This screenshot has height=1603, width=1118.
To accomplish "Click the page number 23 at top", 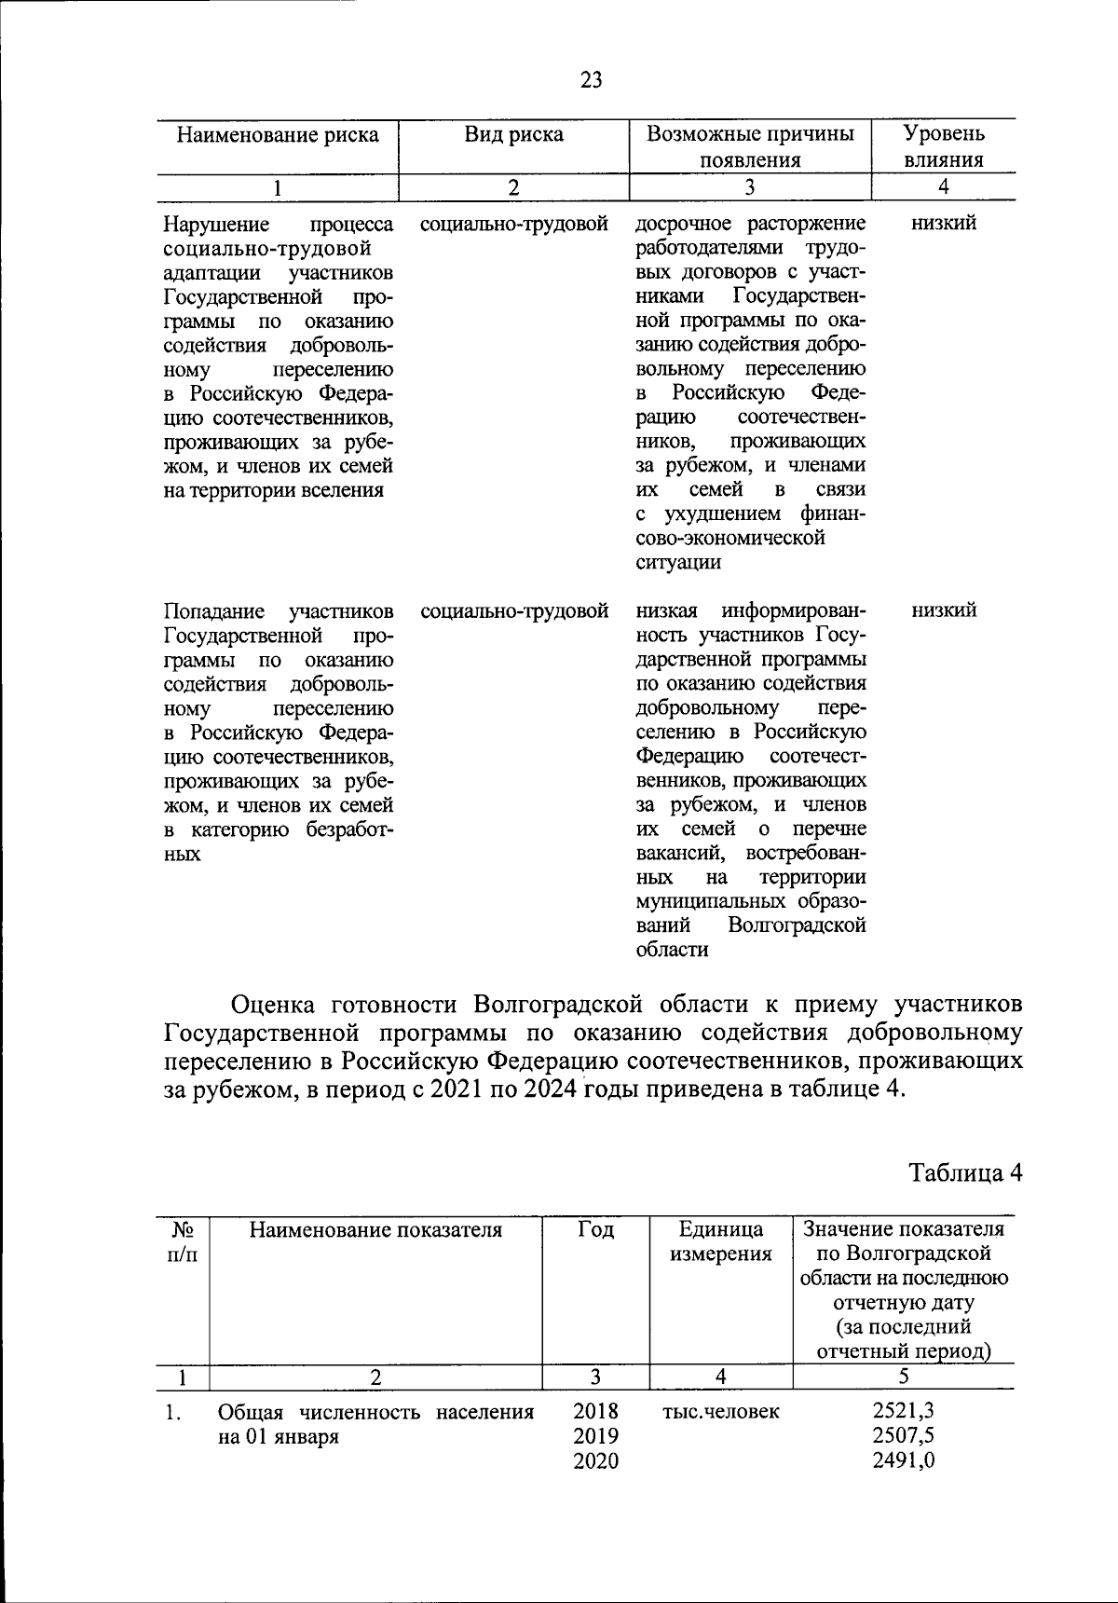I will click(x=591, y=80).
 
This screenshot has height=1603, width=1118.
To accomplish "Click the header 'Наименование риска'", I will click(x=278, y=135).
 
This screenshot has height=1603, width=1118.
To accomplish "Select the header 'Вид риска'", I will click(x=514, y=135).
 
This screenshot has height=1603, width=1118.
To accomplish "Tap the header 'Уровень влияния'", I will click(x=944, y=146).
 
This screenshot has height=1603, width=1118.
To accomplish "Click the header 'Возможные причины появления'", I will click(x=750, y=146).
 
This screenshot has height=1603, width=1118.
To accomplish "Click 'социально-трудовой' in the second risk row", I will click(x=514, y=611).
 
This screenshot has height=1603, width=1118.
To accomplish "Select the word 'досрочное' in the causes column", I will click(x=678, y=224).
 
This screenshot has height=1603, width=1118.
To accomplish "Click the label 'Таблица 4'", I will click(x=966, y=1172).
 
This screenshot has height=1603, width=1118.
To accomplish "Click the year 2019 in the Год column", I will click(x=595, y=1436).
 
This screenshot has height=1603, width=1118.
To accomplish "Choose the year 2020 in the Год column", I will click(x=595, y=1460).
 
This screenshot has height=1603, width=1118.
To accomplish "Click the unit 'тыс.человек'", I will click(x=720, y=1412).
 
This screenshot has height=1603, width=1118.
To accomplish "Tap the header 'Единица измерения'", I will click(x=720, y=1242).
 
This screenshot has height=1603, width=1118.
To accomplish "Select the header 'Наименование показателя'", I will click(x=375, y=1230).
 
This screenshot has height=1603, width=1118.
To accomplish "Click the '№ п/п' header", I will click(x=182, y=1242).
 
